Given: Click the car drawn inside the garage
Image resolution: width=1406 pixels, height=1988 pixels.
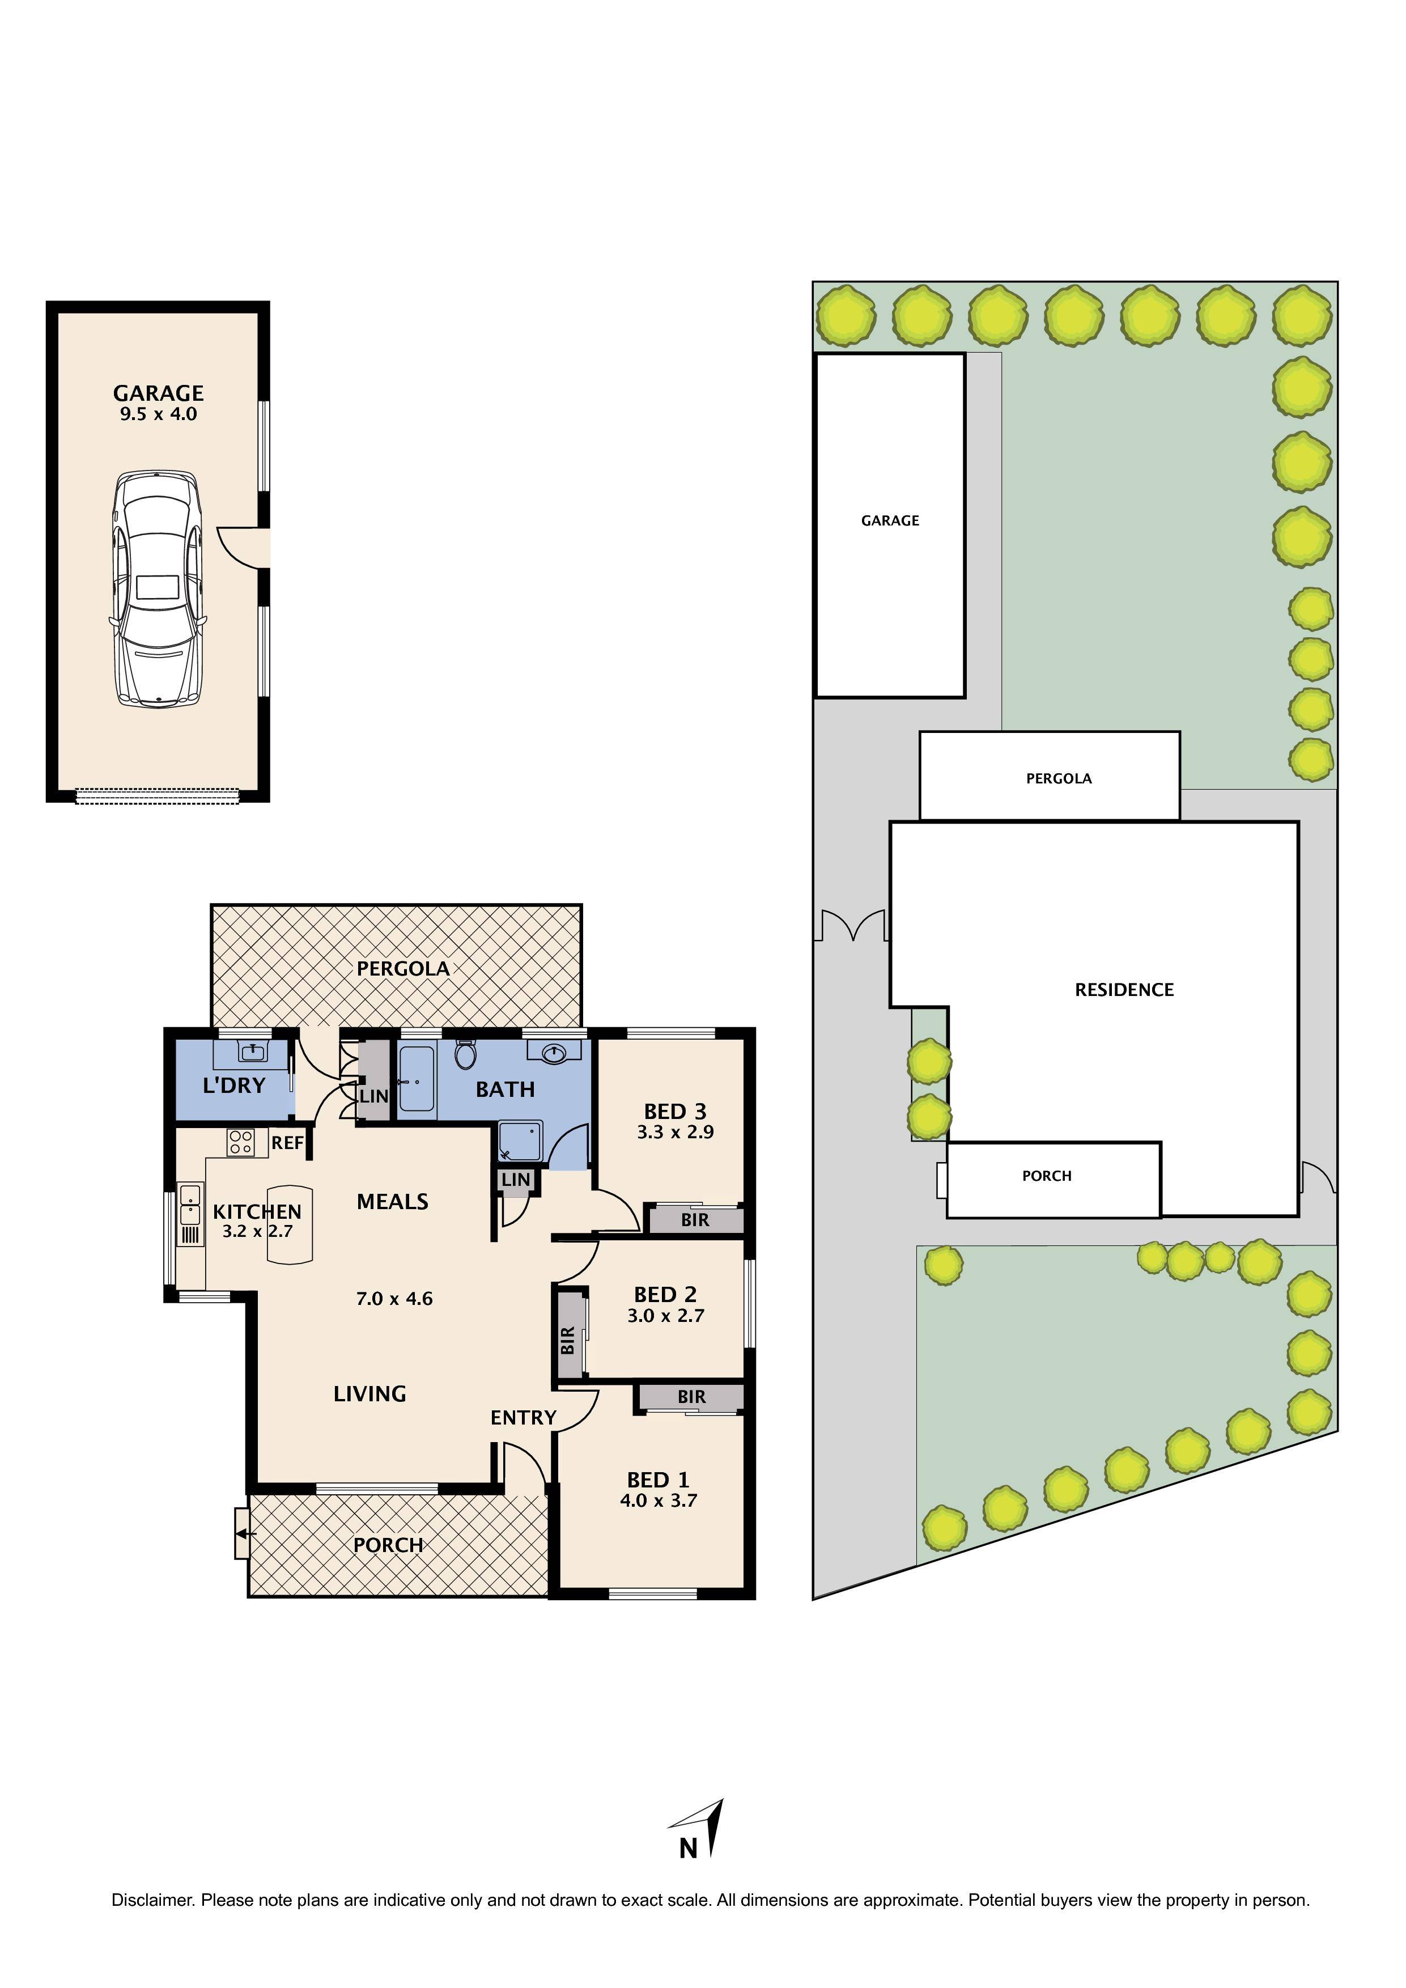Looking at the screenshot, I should [x=158, y=589].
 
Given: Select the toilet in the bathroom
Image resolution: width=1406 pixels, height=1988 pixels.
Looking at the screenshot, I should [x=466, y=1054].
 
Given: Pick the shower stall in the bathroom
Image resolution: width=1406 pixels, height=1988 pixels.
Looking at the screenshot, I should [x=520, y=1141].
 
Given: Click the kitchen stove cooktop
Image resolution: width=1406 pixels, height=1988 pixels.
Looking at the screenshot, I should [x=241, y=1142].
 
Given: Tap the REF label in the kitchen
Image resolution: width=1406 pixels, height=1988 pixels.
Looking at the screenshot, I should [x=287, y=1143].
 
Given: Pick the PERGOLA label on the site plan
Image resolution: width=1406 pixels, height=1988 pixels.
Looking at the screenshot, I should [x=1058, y=778].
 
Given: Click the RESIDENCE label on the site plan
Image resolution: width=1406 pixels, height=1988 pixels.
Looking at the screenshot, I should [x=1124, y=990].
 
